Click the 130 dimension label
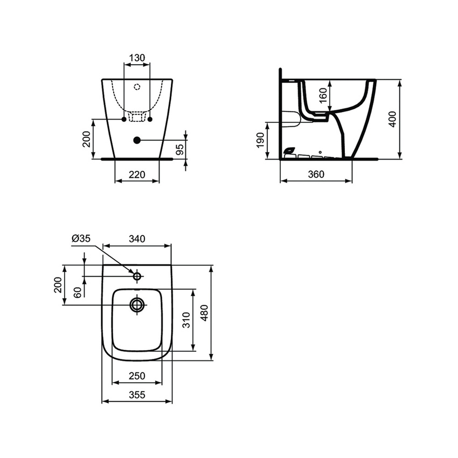(x=137, y=58)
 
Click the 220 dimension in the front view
(x=138, y=174)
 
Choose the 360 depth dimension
(x=316, y=174)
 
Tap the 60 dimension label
(x=78, y=292)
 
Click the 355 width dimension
(x=137, y=395)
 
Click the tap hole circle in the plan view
(x=137, y=276)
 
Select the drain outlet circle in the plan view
(x=137, y=305)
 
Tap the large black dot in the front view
(x=136, y=140)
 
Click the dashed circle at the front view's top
(x=136, y=86)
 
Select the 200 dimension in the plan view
(x=58, y=284)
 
